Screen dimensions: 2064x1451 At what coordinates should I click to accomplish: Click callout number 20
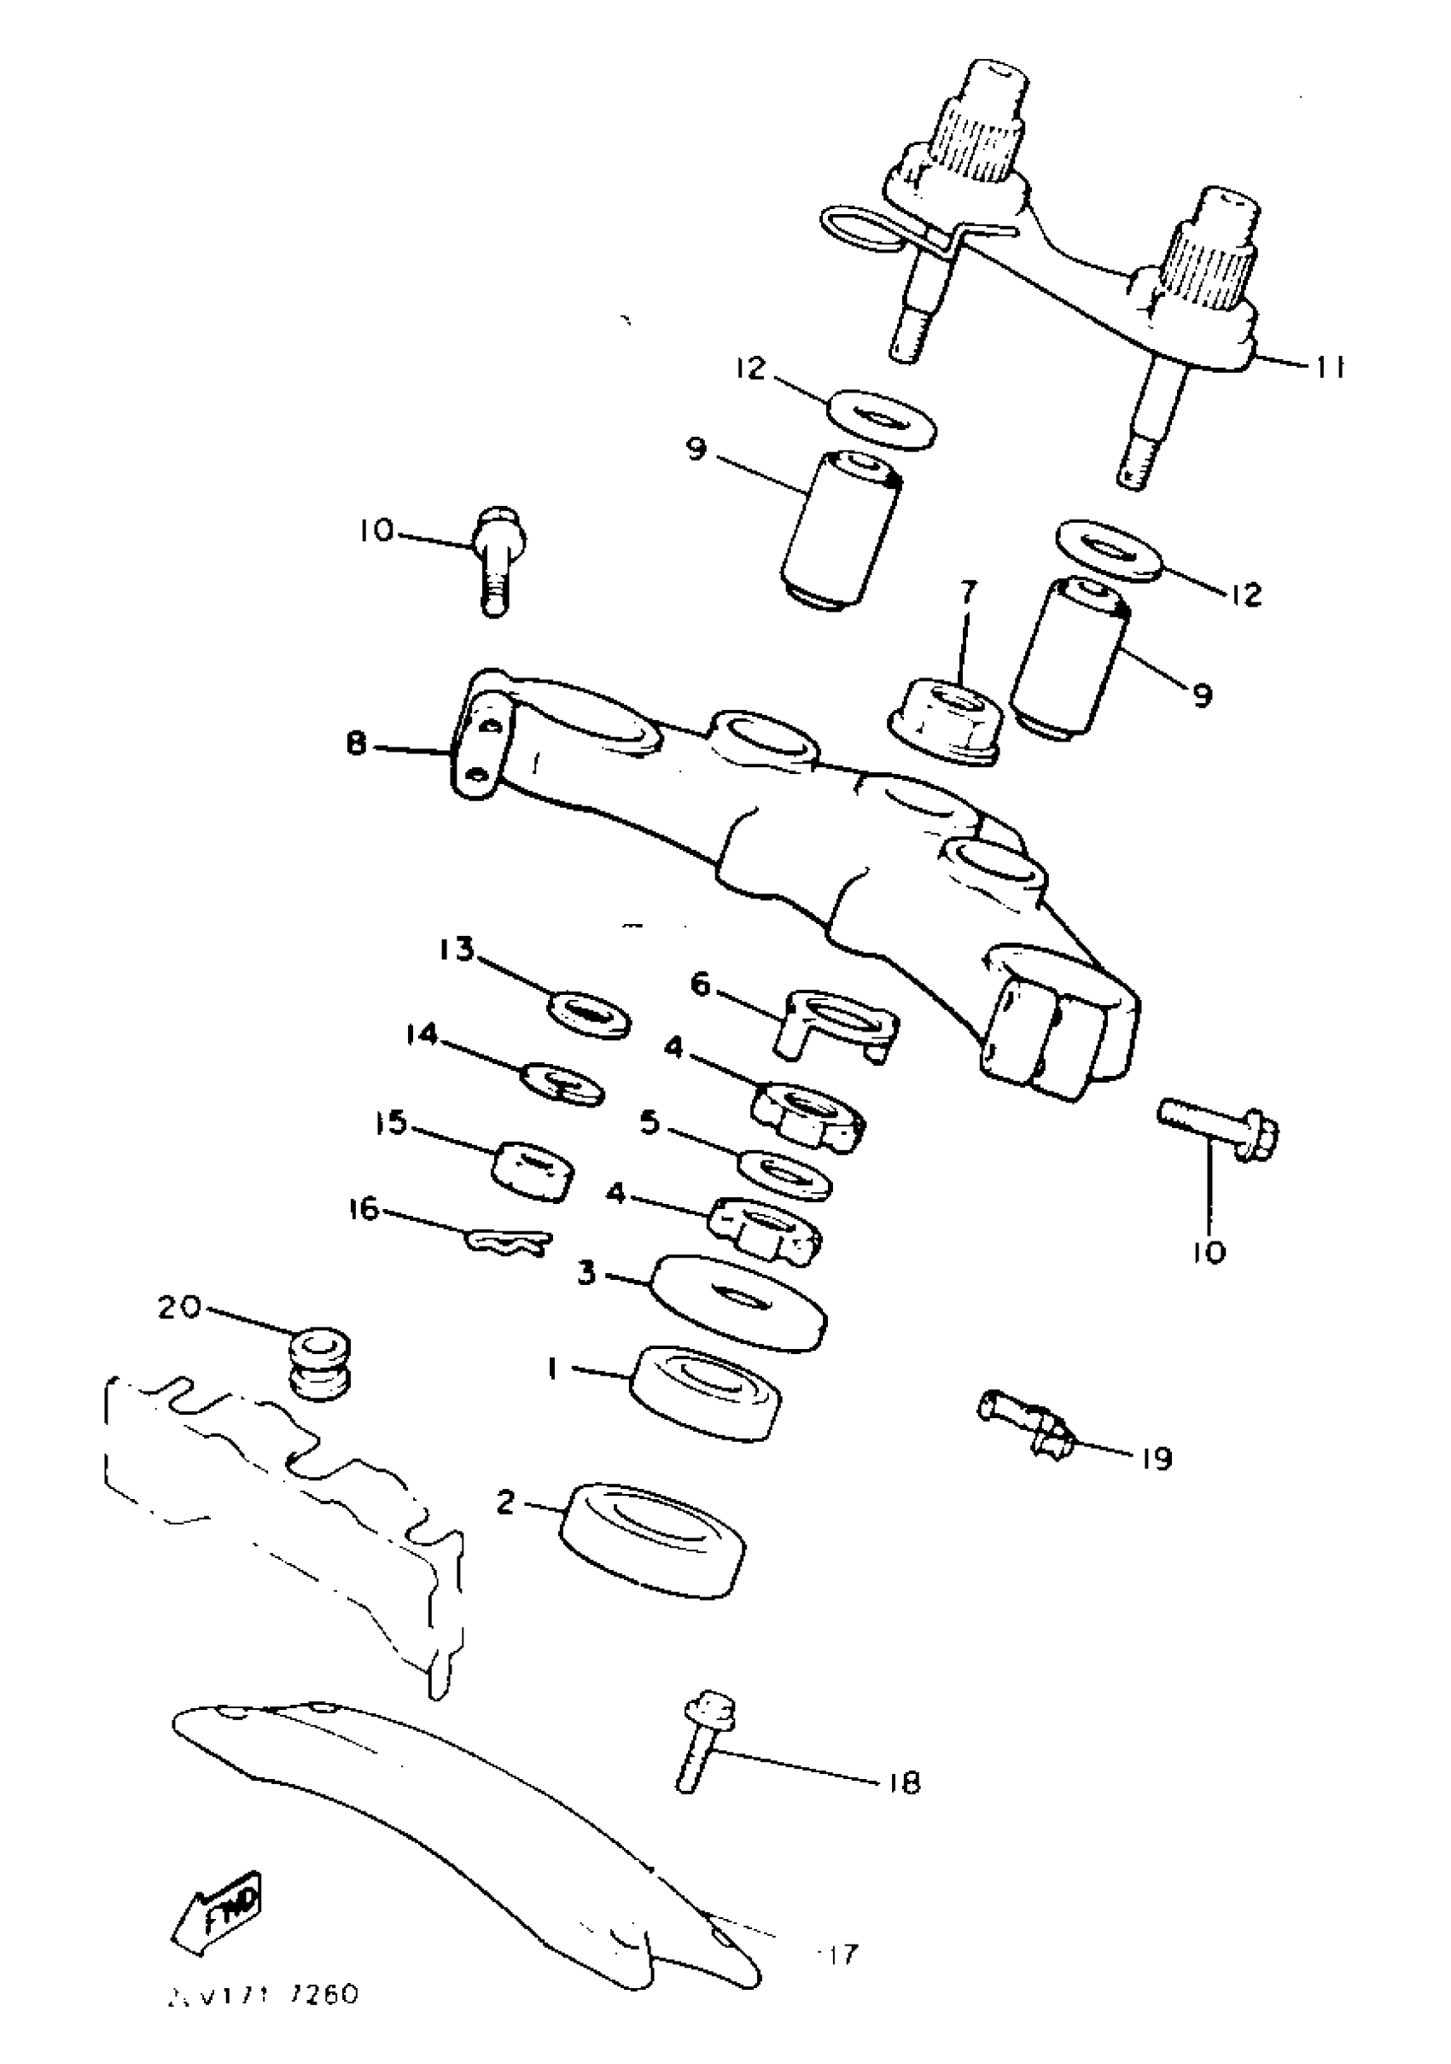(x=180, y=1307)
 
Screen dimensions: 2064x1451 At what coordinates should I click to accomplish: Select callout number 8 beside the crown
(x=357, y=744)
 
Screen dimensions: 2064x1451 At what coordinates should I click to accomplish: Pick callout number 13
(x=457, y=950)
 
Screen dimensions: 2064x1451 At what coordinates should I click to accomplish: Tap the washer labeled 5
(x=784, y=1174)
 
